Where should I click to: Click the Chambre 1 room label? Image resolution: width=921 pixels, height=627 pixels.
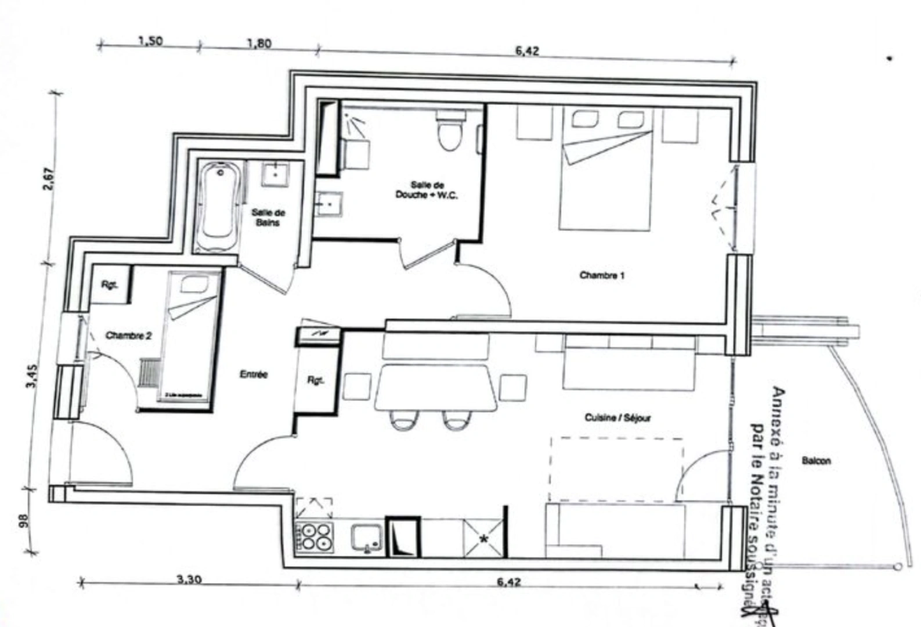click(x=602, y=275)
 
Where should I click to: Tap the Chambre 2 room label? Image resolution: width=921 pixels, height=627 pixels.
click(x=128, y=336)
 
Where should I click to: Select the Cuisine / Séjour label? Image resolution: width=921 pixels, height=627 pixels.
click(x=617, y=417)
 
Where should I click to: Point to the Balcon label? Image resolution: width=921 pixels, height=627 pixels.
click(x=816, y=460)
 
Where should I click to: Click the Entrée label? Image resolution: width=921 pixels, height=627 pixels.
click(x=254, y=374)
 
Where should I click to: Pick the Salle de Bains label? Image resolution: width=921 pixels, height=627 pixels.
click(x=268, y=217)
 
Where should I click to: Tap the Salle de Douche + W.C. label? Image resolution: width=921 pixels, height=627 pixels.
click(x=427, y=190)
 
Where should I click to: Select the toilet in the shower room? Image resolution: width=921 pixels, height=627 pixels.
click(x=451, y=132)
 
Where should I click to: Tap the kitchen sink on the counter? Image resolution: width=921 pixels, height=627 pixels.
click(x=367, y=538)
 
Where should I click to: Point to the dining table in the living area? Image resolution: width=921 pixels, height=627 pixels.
click(x=436, y=387)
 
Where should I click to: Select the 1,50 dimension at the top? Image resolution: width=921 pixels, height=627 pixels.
click(x=150, y=41)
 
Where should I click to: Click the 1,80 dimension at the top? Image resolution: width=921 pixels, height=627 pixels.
click(x=259, y=44)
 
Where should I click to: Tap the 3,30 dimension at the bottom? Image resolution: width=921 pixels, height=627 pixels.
click(x=189, y=579)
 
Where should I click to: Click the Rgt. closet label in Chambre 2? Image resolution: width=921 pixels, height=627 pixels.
click(x=109, y=284)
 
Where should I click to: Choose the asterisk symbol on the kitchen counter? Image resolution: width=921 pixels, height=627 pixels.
click(x=483, y=539)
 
